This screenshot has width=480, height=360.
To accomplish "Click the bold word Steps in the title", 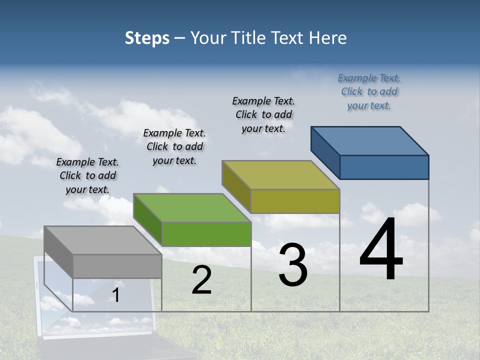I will point(147,38).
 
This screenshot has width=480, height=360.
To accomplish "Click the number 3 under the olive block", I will point(292,265).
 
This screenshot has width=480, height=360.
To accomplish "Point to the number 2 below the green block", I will point(201,280).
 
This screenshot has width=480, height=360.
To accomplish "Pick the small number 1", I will point(116,295).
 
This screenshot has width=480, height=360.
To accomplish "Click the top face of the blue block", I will point(370,140).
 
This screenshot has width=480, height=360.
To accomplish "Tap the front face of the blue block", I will point(384,167).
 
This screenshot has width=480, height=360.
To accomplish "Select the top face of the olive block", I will point(281,175).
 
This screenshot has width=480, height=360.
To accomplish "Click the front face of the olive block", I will point(295,201).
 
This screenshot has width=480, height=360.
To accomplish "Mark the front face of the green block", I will point(206,234).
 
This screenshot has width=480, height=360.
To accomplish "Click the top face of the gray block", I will point(103,240).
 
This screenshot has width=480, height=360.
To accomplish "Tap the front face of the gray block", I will point(117,266).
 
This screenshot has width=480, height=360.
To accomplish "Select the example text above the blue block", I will point(369,91).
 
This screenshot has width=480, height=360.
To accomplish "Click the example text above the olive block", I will point(263,114).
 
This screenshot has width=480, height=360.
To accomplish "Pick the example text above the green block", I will point(174,146).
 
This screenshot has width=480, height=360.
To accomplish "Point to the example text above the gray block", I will point(87,175).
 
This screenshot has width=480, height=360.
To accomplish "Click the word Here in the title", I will point(328,38).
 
